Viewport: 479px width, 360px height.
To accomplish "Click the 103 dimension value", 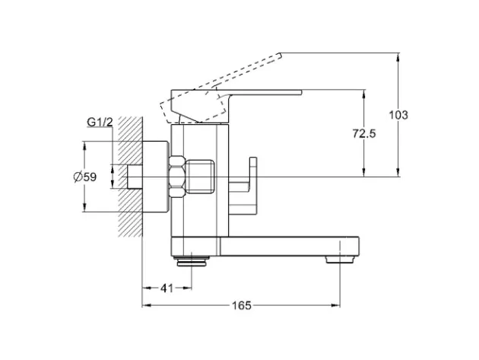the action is tap(398, 115).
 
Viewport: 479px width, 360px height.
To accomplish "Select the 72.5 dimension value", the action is tap(364, 134).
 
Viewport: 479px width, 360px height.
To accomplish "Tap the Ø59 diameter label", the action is tap(85, 177).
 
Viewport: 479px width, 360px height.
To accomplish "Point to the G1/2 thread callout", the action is tap(100, 122).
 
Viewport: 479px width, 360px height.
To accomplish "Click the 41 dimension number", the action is tap(167, 288).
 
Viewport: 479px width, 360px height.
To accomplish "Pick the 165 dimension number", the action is tap(242, 305).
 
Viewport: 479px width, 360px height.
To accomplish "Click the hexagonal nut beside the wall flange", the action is tap(177, 177).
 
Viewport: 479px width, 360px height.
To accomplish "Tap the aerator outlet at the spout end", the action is tap(340, 260).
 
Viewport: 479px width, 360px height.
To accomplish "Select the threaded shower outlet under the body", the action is tap(192, 261).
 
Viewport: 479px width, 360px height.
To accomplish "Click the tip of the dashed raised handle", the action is tap(280, 55).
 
